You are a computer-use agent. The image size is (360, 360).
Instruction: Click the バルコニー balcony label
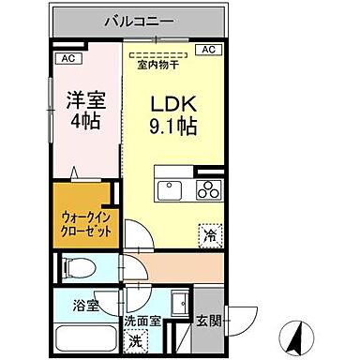[x=138, y=19]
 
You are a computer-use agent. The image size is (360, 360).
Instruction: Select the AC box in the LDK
[x=208, y=50]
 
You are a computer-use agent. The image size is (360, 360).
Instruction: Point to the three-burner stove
[x=205, y=189]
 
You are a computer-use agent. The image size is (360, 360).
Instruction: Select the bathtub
[x=81, y=337]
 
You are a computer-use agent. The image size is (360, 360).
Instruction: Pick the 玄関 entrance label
[x=208, y=320]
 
